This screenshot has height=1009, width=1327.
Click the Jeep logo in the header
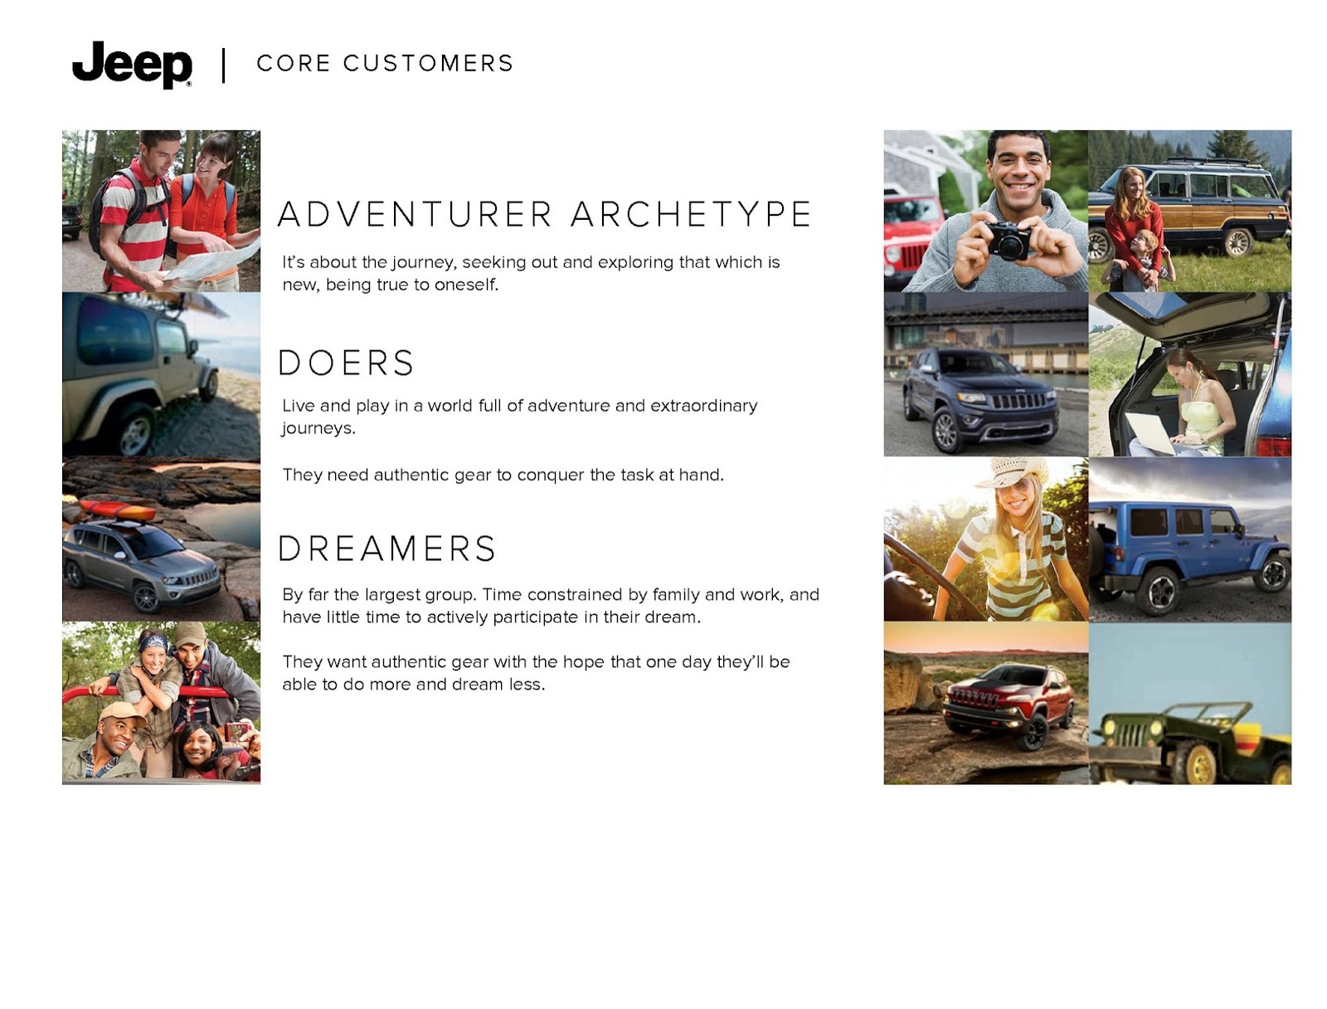pos(132,64)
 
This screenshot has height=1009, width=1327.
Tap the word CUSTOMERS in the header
pos(428,64)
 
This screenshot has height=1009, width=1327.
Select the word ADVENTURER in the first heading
pos(415,214)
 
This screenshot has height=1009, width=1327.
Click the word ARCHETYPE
pos(690,214)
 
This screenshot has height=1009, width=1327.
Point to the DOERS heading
pos(346,363)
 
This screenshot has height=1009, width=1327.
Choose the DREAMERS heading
pos(387,548)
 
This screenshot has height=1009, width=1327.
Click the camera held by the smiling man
pos(1009,240)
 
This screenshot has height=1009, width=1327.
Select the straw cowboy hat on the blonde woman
pos(1013,471)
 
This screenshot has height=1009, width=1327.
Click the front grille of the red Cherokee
pos(975,699)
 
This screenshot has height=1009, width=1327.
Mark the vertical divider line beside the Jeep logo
pos(224,66)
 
